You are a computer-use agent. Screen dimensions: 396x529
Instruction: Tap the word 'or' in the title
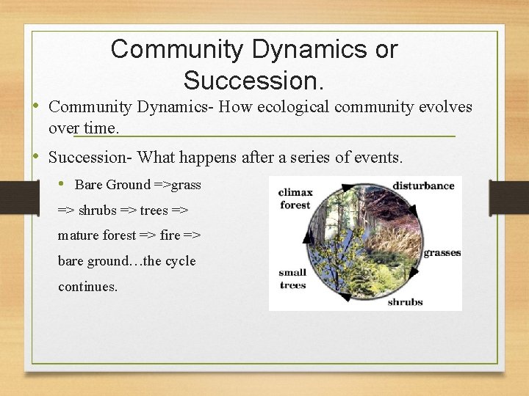click(x=384, y=49)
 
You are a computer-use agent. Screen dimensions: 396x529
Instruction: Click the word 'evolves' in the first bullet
click(x=445, y=107)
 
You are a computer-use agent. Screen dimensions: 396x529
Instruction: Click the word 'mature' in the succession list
click(x=77, y=235)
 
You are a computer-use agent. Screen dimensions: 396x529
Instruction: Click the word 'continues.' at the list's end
click(x=87, y=287)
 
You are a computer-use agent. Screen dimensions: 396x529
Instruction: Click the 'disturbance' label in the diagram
click(x=423, y=186)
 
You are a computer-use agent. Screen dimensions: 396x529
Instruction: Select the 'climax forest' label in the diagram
click(x=295, y=199)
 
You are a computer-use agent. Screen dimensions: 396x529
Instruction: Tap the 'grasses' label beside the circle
click(x=442, y=252)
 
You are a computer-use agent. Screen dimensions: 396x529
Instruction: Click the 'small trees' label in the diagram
click(x=292, y=279)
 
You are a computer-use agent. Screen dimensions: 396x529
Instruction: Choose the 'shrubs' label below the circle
click(x=405, y=301)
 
